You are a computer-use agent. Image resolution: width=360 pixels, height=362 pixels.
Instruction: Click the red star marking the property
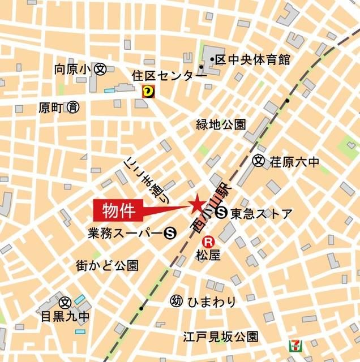pyautogui.click(x=196, y=203)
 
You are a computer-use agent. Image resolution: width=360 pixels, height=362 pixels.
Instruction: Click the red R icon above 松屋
pyautogui.click(x=209, y=240)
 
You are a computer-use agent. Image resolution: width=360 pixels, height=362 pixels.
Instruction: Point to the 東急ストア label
pyautogui.click(x=262, y=213)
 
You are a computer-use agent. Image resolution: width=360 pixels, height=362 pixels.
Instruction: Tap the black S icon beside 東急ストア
pyautogui.click(x=222, y=213)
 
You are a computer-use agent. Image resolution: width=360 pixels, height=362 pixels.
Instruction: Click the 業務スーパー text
pyautogui.click(x=123, y=232)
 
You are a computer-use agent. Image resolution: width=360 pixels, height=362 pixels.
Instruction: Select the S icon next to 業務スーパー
pyautogui.click(x=168, y=232)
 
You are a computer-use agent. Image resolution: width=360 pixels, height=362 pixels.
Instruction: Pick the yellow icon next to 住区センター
pyautogui.click(x=148, y=89)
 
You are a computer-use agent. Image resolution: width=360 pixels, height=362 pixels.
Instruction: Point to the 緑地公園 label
pyautogui.click(x=221, y=124)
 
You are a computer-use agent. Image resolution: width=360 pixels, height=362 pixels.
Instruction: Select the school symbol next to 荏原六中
pyautogui.click(x=259, y=162)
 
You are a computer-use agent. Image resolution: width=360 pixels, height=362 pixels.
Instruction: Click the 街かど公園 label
pyautogui.click(x=107, y=265)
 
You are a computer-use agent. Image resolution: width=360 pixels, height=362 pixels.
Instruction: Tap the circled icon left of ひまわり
pyautogui.click(x=175, y=301)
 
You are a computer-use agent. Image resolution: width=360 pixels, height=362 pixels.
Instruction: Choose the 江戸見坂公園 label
pyautogui.click(x=220, y=337)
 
